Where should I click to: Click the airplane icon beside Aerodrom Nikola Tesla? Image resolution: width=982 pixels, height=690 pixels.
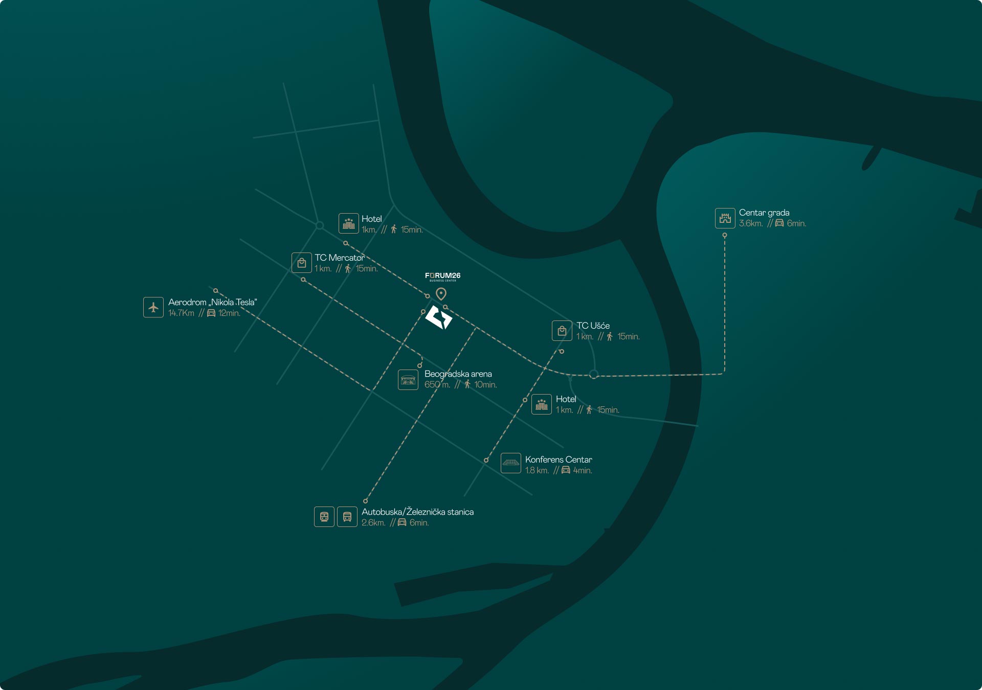(153, 307)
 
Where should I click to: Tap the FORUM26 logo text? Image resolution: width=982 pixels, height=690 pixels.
(442, 276)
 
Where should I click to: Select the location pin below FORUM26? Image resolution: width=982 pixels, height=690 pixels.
(441, 293)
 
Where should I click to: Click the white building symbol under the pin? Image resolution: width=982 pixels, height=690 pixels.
(439, 318)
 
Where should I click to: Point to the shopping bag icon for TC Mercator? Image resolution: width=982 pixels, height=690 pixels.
(302, 263)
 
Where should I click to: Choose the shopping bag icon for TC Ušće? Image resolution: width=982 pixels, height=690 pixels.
(562, 331)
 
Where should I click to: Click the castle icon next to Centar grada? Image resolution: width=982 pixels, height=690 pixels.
(725, 218)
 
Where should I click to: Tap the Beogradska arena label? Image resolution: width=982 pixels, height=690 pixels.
(458, 374)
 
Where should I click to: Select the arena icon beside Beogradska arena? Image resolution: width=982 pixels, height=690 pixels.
(408, 380)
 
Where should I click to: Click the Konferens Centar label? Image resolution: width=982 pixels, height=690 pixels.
(559, 459)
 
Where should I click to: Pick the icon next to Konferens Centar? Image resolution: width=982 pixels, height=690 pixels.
(511, 463)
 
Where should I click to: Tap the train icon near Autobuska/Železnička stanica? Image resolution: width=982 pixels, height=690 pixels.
(324, 517)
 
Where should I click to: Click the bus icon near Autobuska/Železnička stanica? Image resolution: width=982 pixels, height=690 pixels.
(347, 517)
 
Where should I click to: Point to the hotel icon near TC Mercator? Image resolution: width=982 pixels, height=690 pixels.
(349, 223)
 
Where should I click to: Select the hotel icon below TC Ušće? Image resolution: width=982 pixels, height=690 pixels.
(542, 404)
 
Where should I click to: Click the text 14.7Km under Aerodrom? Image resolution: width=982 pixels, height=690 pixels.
(181, 313)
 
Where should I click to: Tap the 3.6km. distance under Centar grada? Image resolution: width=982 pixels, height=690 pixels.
(750, 223)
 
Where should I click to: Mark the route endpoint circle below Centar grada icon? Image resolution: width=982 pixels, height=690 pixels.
(724, 236)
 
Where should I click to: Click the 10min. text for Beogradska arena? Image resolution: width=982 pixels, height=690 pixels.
(485, 385)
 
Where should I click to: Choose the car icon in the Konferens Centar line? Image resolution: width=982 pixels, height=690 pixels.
(566, 470)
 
